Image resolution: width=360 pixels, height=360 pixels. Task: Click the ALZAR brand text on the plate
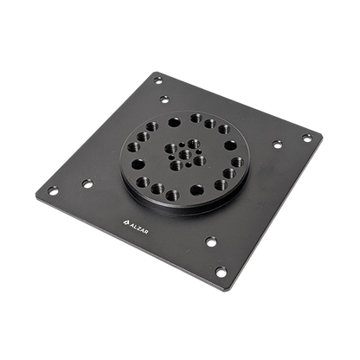[138, 228]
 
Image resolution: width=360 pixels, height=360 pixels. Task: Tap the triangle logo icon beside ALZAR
[125, 222]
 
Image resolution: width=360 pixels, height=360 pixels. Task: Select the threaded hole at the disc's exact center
[185, 155]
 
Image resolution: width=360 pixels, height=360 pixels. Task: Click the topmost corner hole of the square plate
[157, 80]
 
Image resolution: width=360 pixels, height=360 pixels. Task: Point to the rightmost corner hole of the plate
[307, 138]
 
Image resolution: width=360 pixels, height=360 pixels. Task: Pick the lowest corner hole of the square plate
[221, 272]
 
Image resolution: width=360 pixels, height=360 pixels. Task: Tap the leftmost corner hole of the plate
[53, 190]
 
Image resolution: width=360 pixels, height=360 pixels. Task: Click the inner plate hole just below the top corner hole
[164, 100]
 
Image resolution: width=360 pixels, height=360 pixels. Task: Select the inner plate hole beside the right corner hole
[278, 145]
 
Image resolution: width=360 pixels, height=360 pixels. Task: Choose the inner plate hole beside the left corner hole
[87, 183]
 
